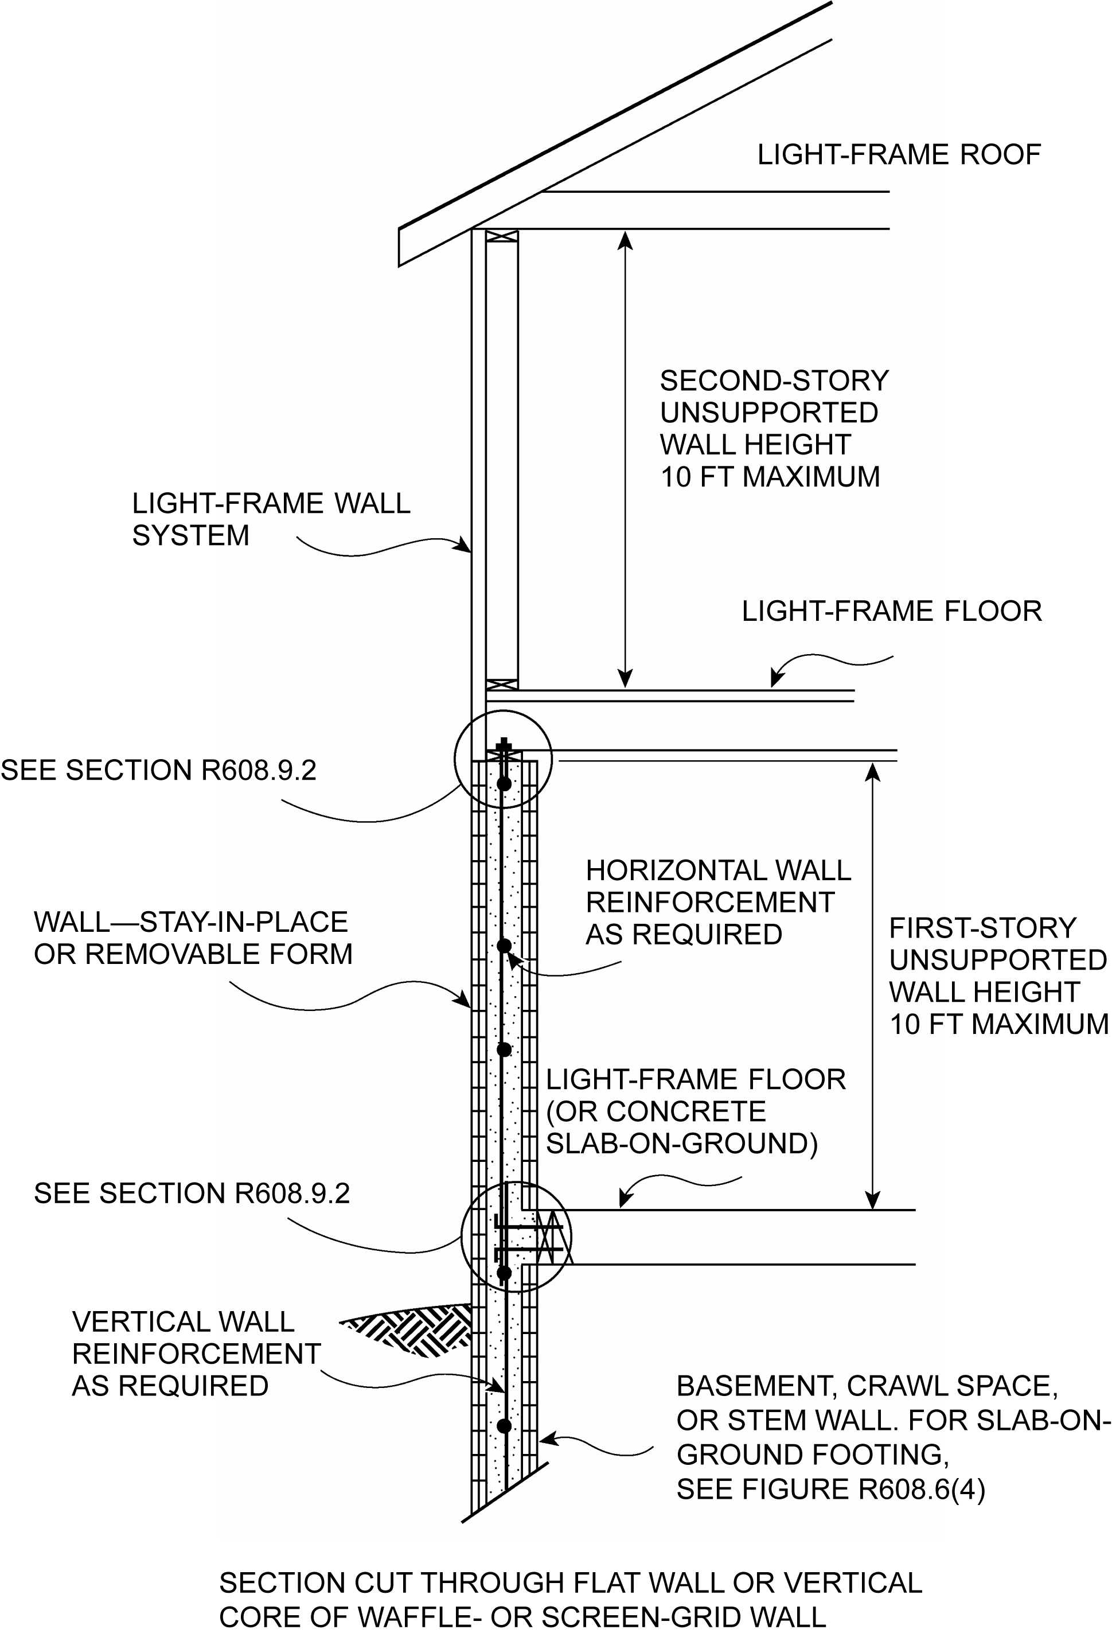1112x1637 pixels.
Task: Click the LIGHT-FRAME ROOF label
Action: pos(899,155)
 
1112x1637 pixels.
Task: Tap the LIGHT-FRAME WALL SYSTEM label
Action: pos(271,519)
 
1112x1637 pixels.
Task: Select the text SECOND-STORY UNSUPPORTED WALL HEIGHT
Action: pos(774,412)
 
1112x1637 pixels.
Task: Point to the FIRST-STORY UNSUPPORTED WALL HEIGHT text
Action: pos(997,959)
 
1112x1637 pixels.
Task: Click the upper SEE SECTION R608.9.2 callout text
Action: pos(158,770)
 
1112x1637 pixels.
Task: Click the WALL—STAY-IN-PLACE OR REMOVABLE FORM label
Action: pos(193,938)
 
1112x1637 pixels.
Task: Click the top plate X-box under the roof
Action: pos(502,236)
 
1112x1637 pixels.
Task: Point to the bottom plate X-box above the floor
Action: pos(502,684)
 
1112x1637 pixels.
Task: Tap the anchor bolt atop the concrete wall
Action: pos(504,749)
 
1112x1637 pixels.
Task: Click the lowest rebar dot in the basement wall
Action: pos(504,1426)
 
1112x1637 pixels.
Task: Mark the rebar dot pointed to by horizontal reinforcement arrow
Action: pos(504,945)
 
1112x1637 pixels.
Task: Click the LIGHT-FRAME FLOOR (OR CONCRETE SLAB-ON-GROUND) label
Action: pos(696,1111)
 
